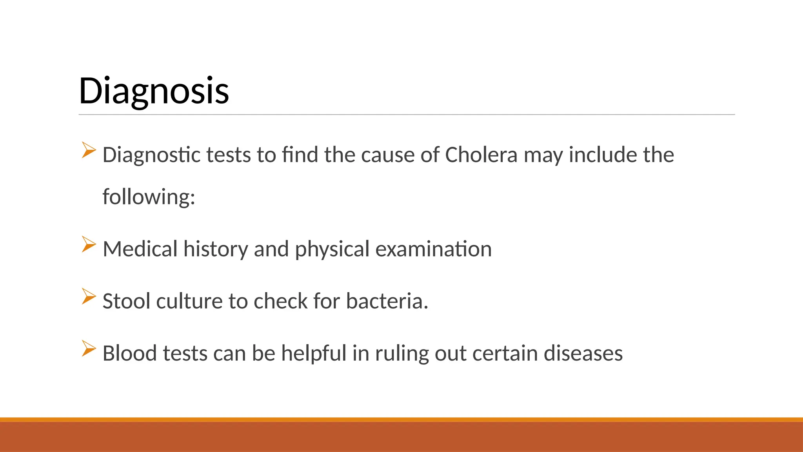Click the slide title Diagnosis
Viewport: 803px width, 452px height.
[154, 91]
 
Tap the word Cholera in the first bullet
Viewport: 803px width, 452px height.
[481, 155]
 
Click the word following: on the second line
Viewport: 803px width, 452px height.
[149, 197]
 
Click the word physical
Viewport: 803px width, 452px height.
[332, 250]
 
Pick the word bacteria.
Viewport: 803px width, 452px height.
[387, 301]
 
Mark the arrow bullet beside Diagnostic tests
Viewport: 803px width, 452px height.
[89, 150]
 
